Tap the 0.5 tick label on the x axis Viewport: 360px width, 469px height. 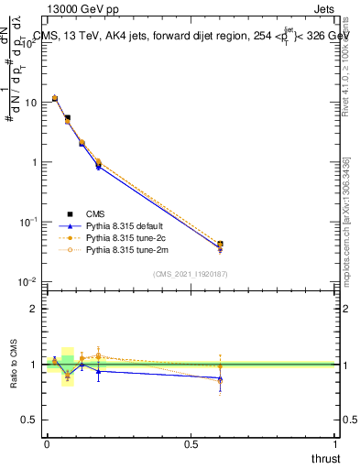[191, 443]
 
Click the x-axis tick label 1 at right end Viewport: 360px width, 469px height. [336, 443]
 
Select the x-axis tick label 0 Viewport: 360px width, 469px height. [47, 443]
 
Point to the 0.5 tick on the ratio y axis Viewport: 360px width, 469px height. [29, 420]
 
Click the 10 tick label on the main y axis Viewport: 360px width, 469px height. [30, 103]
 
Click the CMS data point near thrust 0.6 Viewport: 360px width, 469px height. [220, 245]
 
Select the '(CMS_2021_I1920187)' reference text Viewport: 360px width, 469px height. [190, 274]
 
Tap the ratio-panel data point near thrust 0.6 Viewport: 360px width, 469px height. [220, 377]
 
